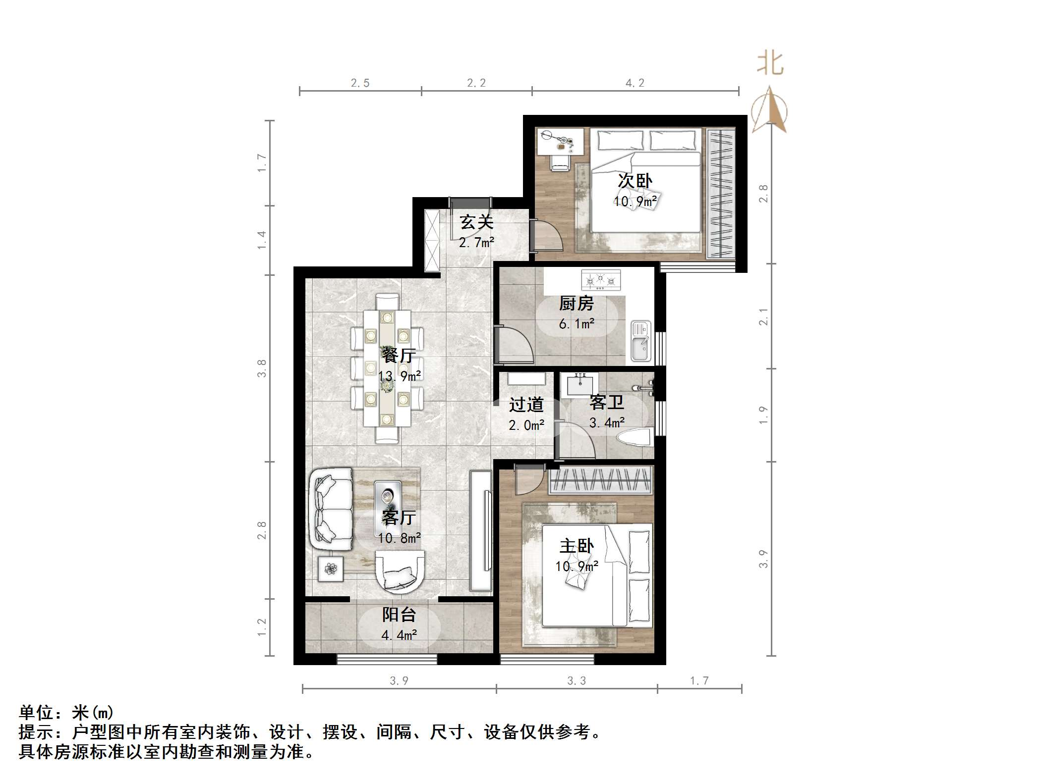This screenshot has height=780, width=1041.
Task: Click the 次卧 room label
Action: [635, 181]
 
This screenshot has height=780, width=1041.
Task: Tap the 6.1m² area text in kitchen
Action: [577, 324]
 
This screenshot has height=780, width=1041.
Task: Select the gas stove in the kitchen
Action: [600, 280]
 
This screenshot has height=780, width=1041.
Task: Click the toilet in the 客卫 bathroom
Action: [634, 438]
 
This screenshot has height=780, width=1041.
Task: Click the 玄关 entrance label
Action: [476, 222]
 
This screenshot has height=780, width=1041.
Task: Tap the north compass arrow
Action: [769, 110]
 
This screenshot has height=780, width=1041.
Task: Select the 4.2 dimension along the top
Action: [635, 83]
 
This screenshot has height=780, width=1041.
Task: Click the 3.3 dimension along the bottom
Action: [577, 681]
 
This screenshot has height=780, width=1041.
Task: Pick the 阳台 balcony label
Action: [399, 615]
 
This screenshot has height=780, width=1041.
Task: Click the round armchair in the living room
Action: [400, 573]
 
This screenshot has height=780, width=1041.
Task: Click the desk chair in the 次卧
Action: [560, 162]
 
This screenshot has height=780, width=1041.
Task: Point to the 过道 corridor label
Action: [526, 405]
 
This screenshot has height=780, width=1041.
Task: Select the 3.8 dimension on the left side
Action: [262, 368]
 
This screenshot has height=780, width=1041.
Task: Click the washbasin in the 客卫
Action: [579, 384]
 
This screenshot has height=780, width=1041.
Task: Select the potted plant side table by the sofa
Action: [330, 568]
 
